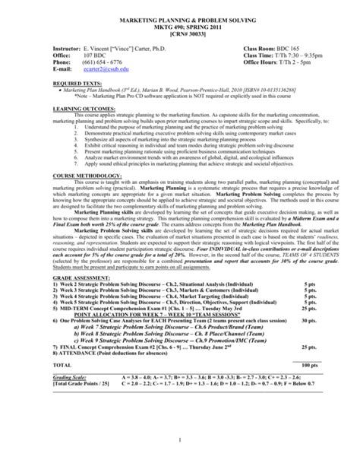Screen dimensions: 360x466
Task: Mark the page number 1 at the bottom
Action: [x=179, y=440]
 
